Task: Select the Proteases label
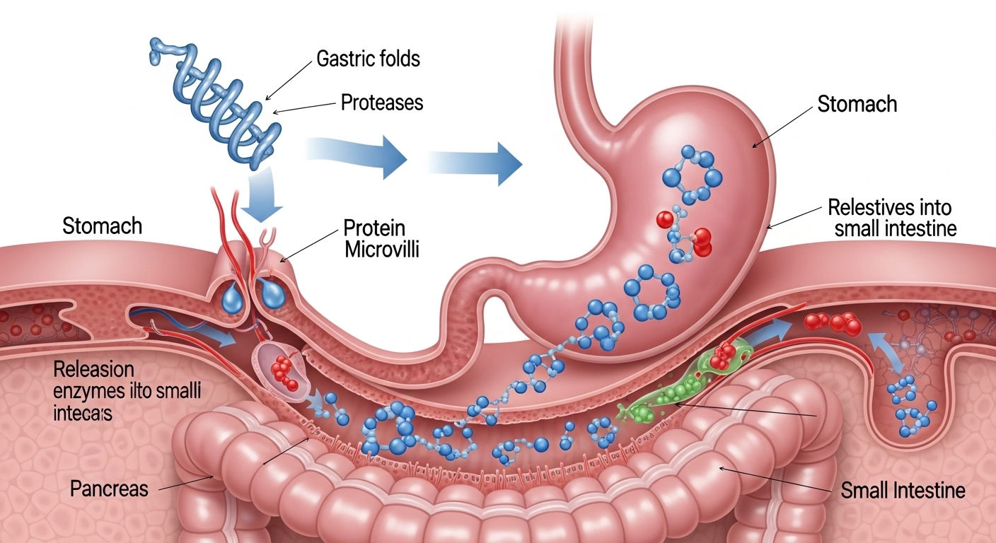[x=382, y=103]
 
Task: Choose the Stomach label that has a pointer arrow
[x=857, y=105]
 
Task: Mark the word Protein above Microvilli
[x=374, y=228]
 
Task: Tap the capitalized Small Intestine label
[x=903, y=491]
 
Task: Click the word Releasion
[x=93, y=370]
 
